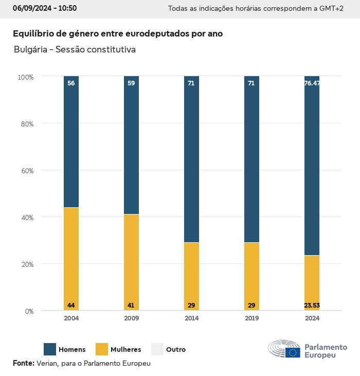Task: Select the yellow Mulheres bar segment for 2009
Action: click(x=131, y=262)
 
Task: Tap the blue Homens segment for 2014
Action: click(x=191, y=159)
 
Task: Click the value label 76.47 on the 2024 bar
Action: click(x=312, y=83)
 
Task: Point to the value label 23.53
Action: click(x=312, y=306)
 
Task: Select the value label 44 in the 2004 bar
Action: click(x=71, y=306)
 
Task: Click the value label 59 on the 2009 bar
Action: click(x=131, y=83)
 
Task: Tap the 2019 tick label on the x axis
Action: click(x=251, y=318)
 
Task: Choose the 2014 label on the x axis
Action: click(x=191, y=318)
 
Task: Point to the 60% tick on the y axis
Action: click(x=26, y=171)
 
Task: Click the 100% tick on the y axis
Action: click(x=25, y=77)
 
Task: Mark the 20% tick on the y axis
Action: click(x=26, y=264)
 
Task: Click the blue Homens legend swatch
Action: click(x=50, y=349)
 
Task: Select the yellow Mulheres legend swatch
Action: click(x=102, y=349)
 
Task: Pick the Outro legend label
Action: click(x=176, y=350)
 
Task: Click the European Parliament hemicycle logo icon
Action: click(x=284, y=349)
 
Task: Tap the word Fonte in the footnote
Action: click(x=23, y=363)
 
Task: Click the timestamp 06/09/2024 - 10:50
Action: click(x=45, y=9)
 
